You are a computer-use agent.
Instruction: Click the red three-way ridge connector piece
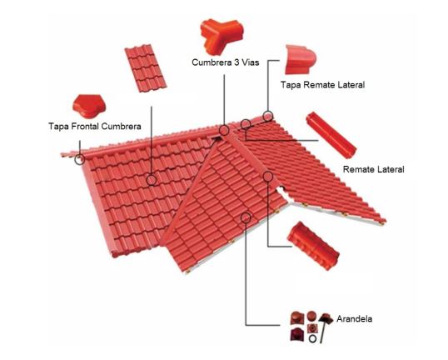(222, 36)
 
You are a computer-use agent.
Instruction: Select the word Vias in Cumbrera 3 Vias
(248, 62)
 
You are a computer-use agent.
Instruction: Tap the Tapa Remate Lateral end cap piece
(300, 59)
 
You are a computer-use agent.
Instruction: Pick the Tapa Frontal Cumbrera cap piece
(89, 106)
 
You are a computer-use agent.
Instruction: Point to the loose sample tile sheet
(146, 68)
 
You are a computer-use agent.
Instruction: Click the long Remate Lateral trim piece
(331, 135)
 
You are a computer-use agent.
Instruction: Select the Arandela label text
(354, 318)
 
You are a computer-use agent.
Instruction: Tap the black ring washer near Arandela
(312, 338)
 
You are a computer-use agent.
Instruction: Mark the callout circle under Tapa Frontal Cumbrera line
(80, 159)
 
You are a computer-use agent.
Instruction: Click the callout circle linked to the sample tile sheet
(152, 180)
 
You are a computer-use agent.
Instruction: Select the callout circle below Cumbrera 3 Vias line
(224, 130)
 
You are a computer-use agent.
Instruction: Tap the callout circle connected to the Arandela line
(246, 217)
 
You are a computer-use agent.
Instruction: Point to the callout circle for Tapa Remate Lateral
(267, 116)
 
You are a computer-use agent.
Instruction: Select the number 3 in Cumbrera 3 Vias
(236, 62)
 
